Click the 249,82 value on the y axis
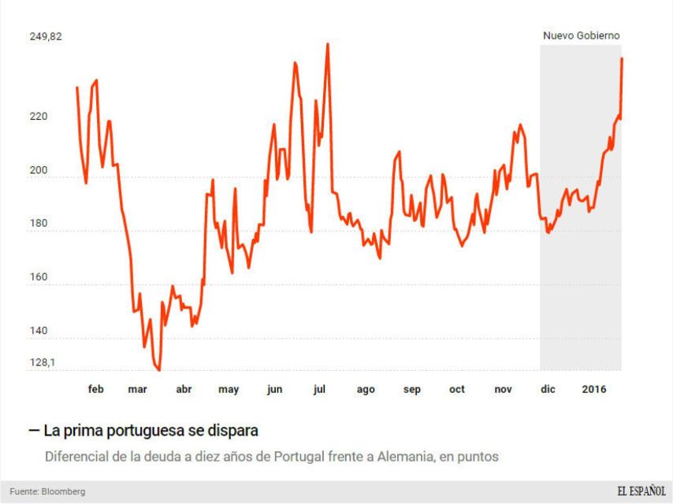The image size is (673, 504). [x=46, y=37]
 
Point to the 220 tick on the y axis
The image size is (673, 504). [x=39, y=117]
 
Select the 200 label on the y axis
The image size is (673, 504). [x=39, y=171]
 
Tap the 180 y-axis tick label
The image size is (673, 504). [x=39, y=224]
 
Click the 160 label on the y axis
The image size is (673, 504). [x=39, y=277]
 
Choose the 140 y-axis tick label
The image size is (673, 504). [x=39, y=331]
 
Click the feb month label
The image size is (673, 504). [x=96, y=389]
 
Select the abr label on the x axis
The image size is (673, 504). [x=184, y=389]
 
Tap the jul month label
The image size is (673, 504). [x=320, y=389]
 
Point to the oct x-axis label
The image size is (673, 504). [x=457, y=389]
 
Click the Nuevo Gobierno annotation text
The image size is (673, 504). [x=582, y=35]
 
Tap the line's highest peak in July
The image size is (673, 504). [x=327, y=44]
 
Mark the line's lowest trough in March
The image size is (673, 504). [x=159, y=369]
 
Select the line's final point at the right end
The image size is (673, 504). [x=622, y=58]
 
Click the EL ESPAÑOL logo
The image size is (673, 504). [x=641, y=491]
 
